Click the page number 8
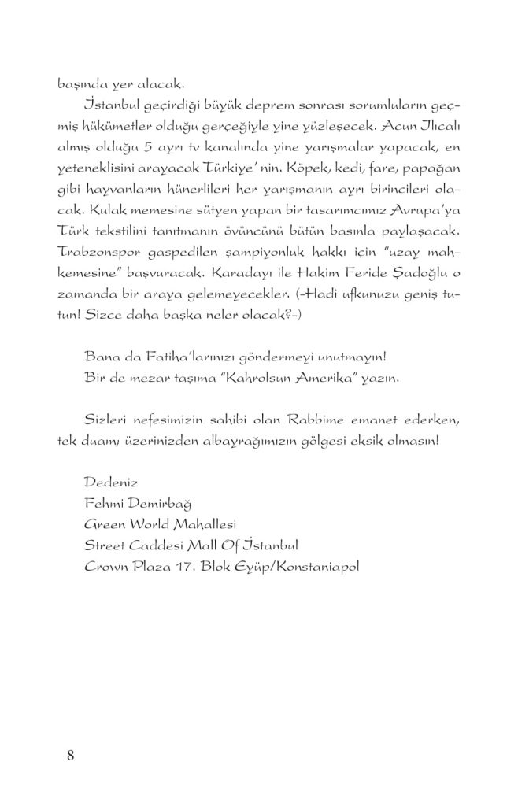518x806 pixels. (71, 756)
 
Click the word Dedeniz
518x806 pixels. (108, 479)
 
